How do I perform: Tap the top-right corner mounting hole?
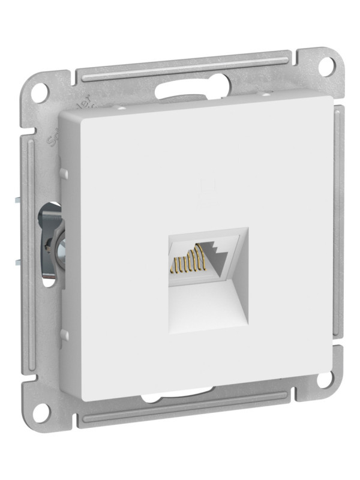pos(325,65)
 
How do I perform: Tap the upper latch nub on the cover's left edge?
pos(62,173)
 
